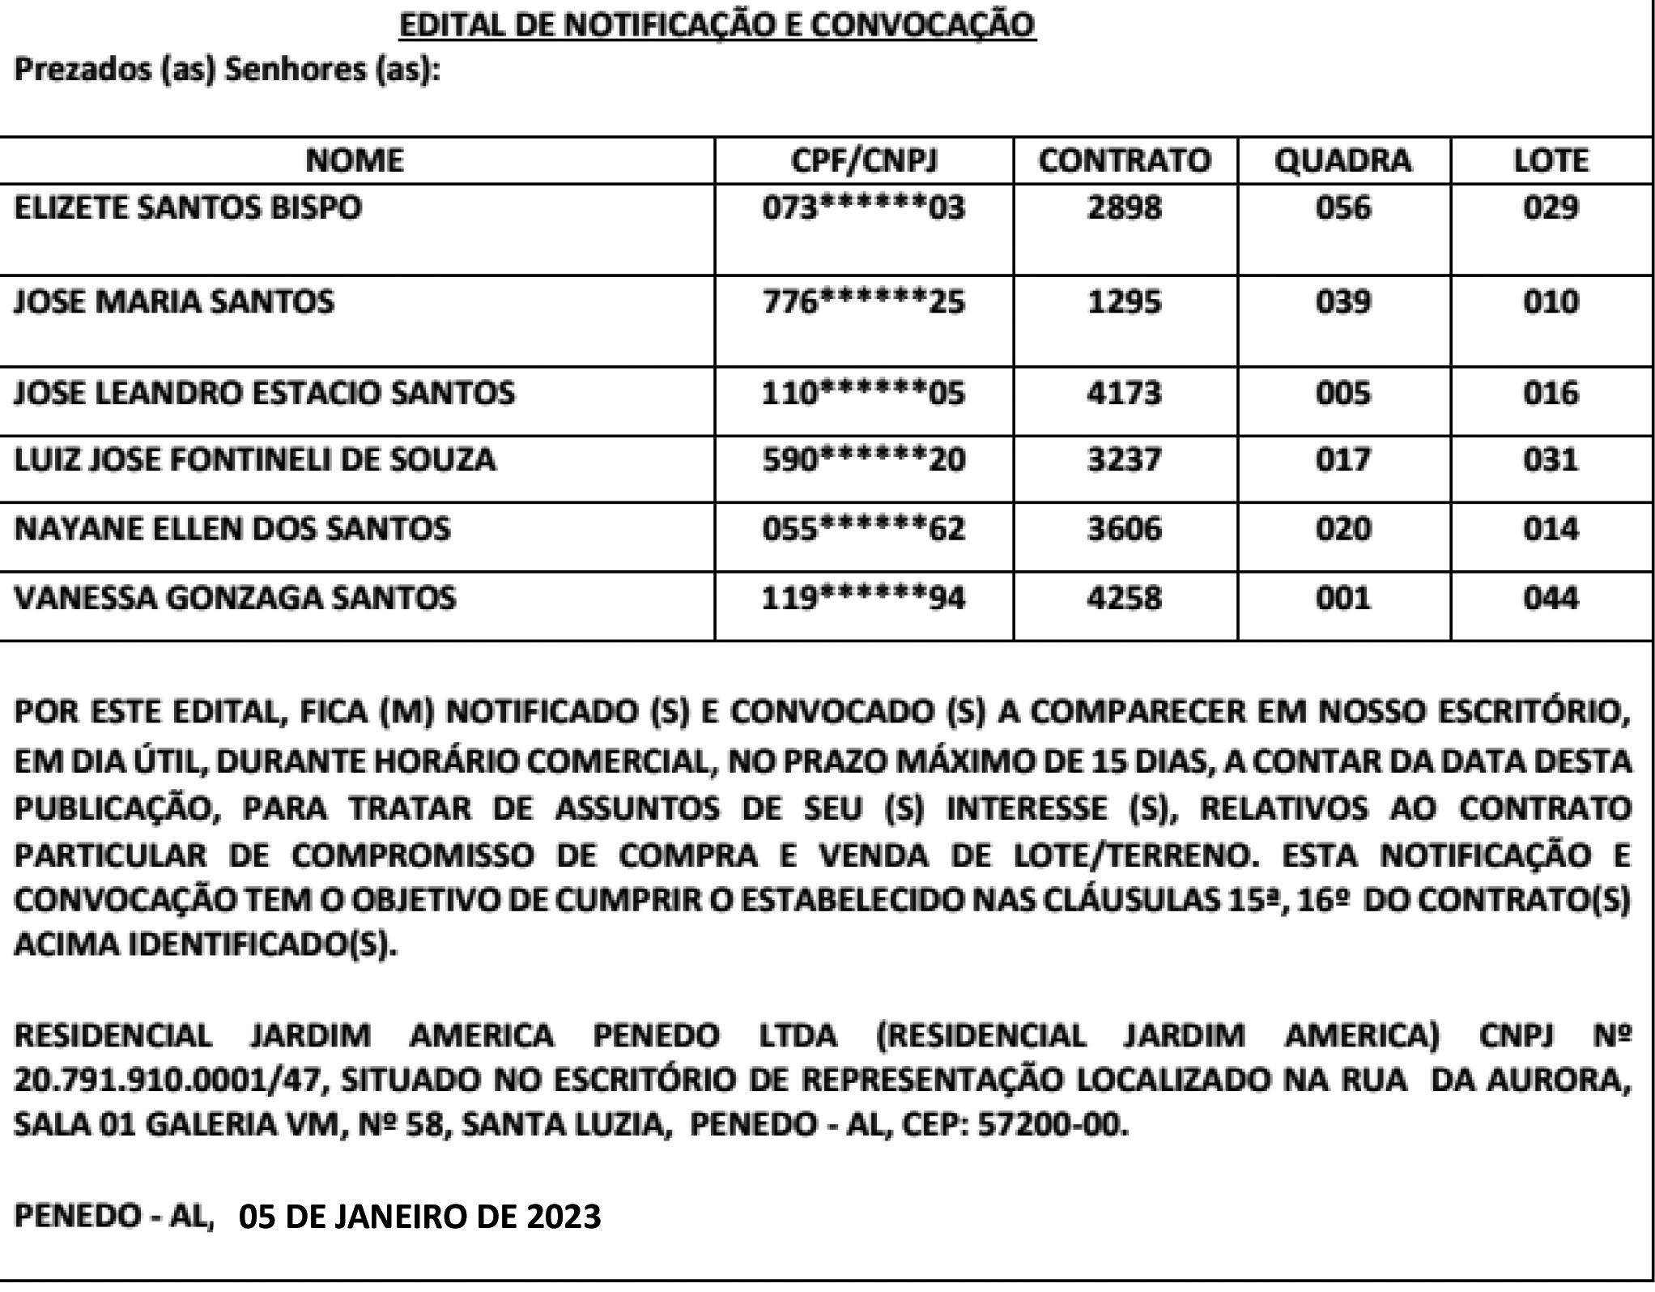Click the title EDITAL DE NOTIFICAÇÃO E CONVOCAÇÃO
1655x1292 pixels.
pos(717,25)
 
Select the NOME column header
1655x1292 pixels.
pos(355,160)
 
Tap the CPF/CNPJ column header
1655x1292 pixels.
pos(864,160)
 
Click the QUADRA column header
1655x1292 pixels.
pos(1343,160)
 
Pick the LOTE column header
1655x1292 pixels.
pos(1551,160)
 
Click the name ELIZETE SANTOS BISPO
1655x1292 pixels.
pos(188,207)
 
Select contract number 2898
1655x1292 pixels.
pos(1125,208)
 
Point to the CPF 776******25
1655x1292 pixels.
pos(864,302)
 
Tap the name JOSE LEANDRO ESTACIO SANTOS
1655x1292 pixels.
pos(265,393)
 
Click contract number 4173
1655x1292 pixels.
pos(1125,394)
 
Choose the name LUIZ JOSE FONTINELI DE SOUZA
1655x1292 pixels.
pos(255,460)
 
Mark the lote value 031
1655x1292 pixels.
pos(1551,460)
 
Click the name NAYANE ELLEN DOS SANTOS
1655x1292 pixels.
pos(232,529)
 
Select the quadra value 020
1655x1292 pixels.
pos(1343,529)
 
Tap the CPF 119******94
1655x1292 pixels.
pos(864,599)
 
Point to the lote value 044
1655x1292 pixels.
pos(1551,599)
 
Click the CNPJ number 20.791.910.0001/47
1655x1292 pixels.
pos(169,1080)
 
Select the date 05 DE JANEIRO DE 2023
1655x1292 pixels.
pos(420,1216)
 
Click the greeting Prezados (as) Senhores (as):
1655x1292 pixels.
pos(228,70)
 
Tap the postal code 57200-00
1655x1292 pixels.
pos(1052,1124)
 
